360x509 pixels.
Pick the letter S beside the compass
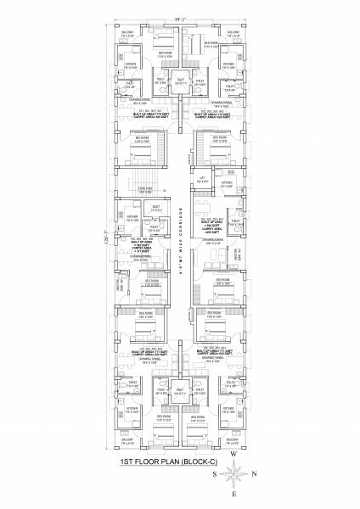pyautogui.click(x=217, y=473)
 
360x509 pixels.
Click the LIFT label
pyautogui.click(x=201, y=179)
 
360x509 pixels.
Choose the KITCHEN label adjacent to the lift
pyautogui.click(x=226, y=182)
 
